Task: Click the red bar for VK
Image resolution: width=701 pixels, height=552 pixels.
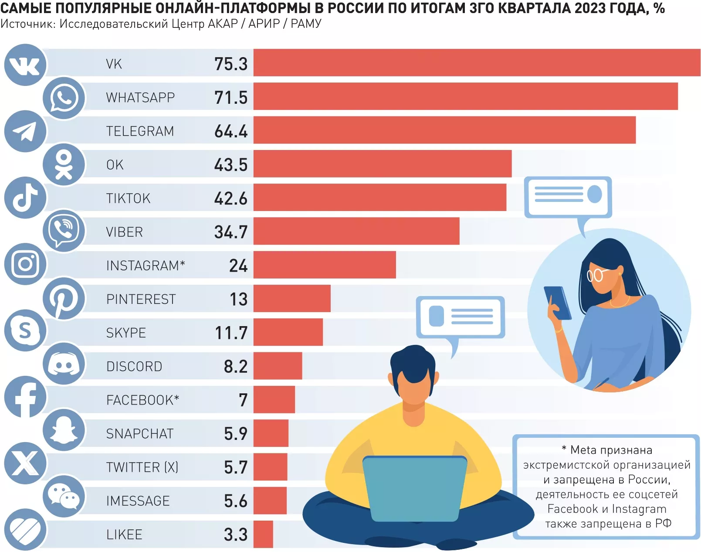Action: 477,63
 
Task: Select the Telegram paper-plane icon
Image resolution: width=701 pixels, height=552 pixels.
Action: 25,131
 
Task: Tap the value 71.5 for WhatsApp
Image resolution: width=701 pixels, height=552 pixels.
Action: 230,98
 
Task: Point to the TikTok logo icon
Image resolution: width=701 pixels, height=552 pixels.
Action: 25,198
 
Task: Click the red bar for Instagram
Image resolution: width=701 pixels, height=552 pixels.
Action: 325,265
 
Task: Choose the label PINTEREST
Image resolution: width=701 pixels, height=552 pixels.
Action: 141,299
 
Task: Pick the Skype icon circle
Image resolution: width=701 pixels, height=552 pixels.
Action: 25,331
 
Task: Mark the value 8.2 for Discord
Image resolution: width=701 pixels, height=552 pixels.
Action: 235,367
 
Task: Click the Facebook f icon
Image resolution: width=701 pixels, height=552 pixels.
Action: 25,397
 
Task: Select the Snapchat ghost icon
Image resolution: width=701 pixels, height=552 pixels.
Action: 64,430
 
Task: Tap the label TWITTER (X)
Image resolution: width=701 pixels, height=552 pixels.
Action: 142,467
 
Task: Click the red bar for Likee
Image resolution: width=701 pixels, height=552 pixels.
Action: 263,534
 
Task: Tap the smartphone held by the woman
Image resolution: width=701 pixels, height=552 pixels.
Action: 558,303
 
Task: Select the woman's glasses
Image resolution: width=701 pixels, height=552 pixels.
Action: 596,275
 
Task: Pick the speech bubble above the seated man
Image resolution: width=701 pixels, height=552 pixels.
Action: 460,317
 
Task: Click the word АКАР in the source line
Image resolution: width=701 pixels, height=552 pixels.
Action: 223,24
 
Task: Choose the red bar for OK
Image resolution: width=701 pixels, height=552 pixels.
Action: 382,164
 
